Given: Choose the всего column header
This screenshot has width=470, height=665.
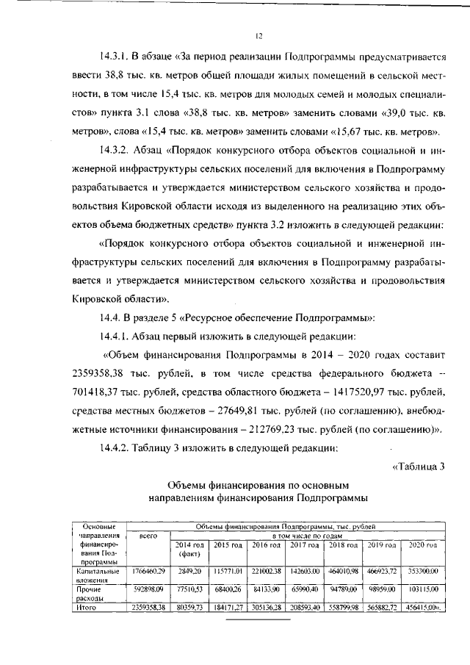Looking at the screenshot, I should click(149, 537).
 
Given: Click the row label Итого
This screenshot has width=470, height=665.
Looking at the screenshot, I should click(87, 608).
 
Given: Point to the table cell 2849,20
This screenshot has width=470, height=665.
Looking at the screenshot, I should click(190, 571).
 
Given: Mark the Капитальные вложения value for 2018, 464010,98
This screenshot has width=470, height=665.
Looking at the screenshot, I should click(342, 571).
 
